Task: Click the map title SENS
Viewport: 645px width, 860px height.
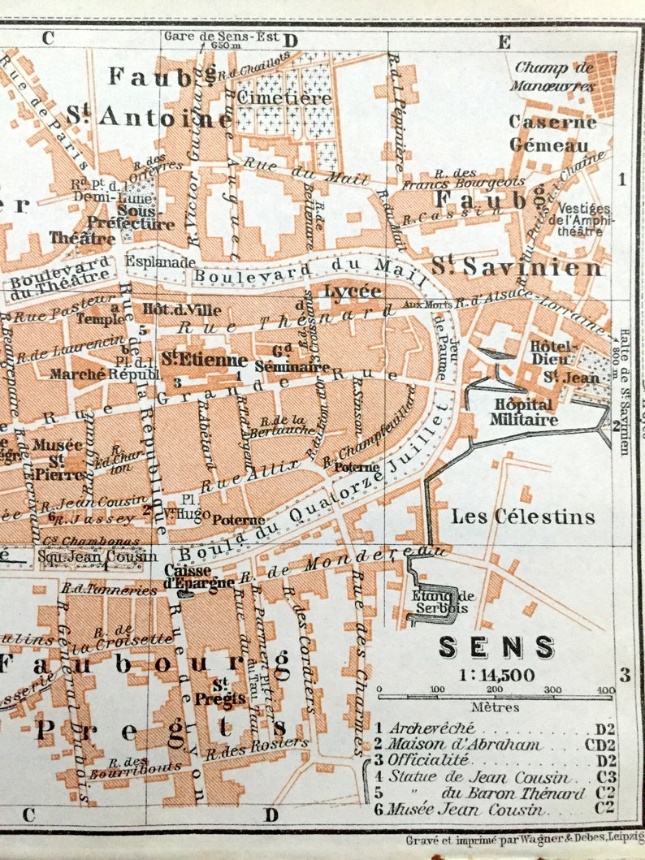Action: coord(496,647)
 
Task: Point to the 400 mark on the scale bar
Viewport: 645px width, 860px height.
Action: coord(604,689)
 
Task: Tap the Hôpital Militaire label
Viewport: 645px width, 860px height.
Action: coord(523,412)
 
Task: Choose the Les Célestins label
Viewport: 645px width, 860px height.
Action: coord(523,516)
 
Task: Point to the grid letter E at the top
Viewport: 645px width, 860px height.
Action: coord(504,41)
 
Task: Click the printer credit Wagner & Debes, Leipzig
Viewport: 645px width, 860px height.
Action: coord(520,839)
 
